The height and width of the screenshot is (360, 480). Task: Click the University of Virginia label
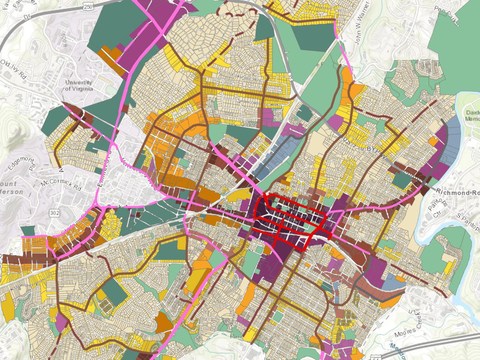pyautogui.click(x=79, y=86)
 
